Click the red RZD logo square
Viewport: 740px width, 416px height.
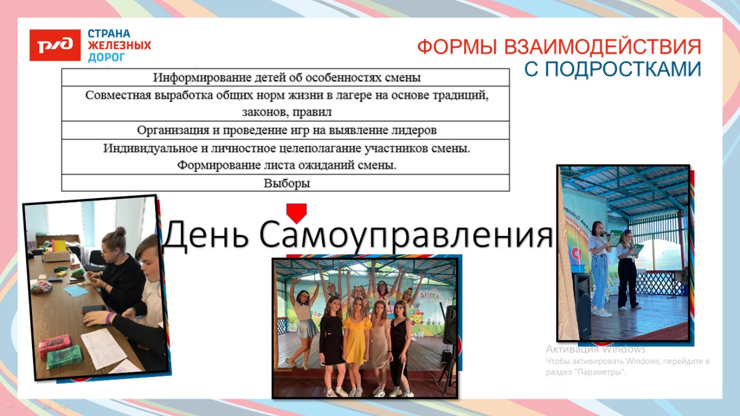[x=54, y=45]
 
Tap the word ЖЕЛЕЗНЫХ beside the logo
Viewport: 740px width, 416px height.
[x=119, y=46]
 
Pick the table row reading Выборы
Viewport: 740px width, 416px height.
[x=286, y=183]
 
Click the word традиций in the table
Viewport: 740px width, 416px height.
[x=459, y=95]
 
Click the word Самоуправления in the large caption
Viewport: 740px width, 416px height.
[x=406, y=235]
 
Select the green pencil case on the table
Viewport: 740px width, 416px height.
[x=63, y=357]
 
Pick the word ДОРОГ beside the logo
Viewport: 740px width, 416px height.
[x=107, y=57]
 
